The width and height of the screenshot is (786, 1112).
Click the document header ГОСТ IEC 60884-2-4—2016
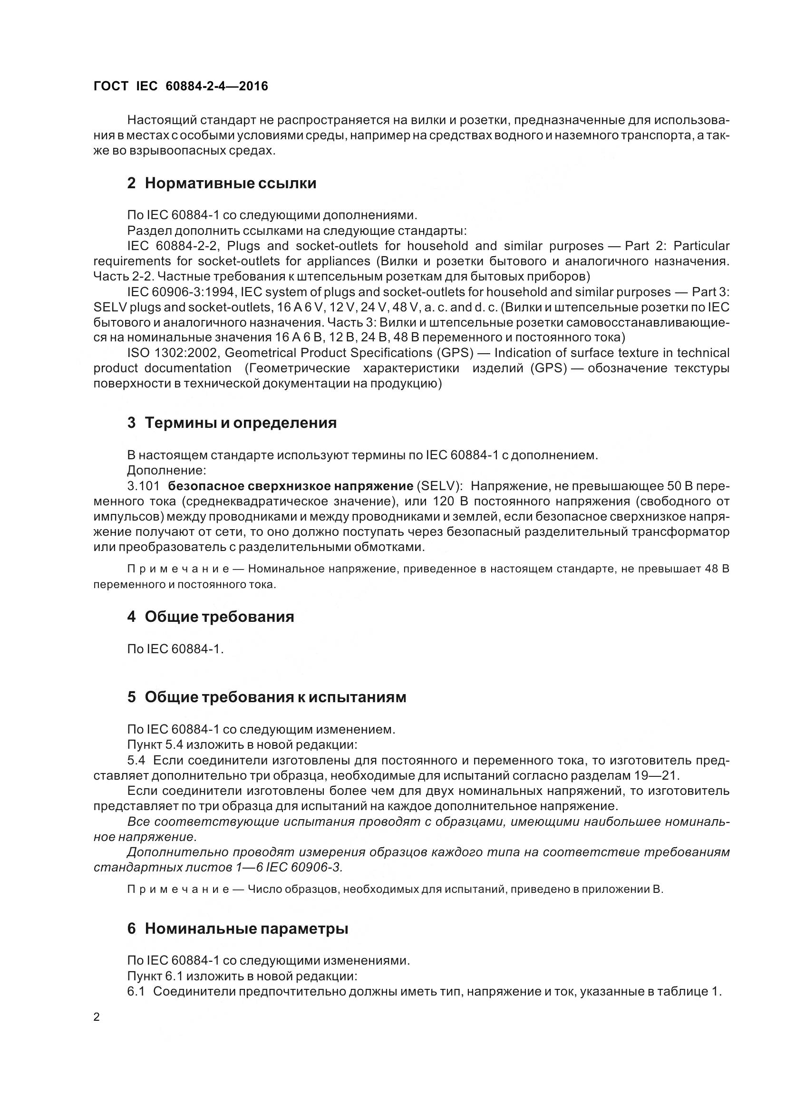point(181,86)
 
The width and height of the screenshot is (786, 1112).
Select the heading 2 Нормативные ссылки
point(221,184)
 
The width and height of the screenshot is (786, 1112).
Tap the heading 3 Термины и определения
point(232,423)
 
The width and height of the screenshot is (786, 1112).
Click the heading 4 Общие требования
point(210,617)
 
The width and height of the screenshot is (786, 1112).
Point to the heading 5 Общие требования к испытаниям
point(266,697)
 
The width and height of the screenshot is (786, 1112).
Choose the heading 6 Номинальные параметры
point(237,929)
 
